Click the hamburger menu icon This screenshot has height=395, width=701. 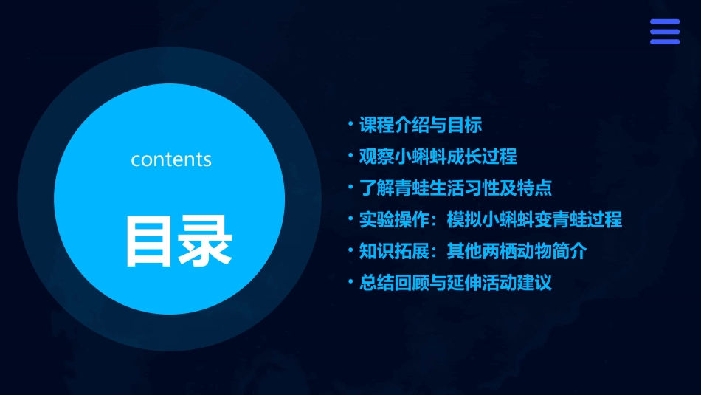pyautogui.click(x=664, y=32)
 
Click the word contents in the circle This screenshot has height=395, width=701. pyautogui.click(x=171, y=159)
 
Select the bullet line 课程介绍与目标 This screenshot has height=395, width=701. pyautogui.click(x=421, y=126)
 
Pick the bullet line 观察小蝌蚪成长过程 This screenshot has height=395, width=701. pyautogui.click(x=438, y=157)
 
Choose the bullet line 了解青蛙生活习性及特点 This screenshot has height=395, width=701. pyautogui.click(x=455, y=188)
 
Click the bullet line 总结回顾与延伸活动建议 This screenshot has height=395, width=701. pyautogui.click(x=455, y=283)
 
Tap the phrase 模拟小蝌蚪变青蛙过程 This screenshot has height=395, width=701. pyautogui.click(x=534, y=220)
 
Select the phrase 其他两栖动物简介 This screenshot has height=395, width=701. pyautogui.click(x=517, y=251)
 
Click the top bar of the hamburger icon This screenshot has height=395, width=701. pyautogui.click(x=664, y=22)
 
